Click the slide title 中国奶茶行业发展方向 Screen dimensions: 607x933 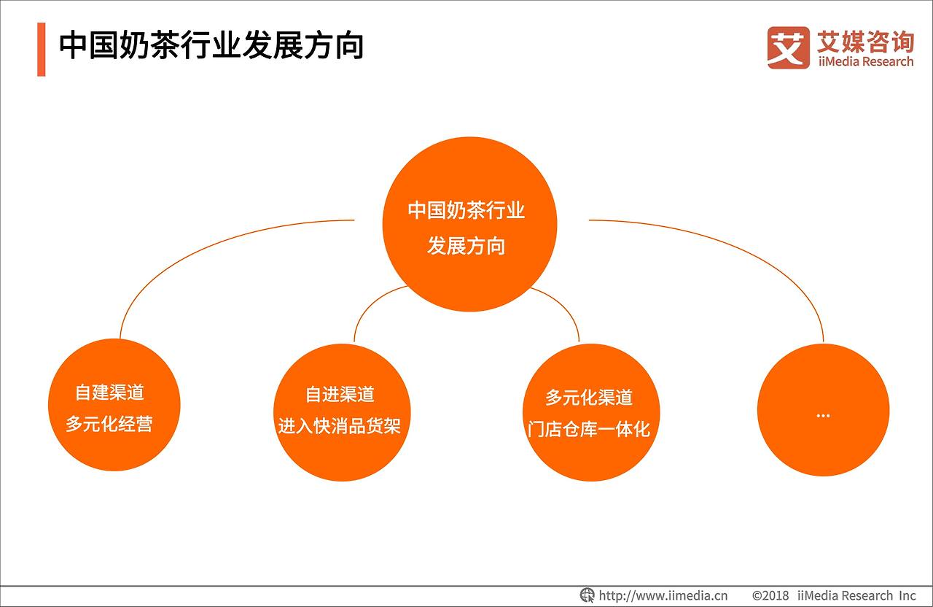pos(211,45)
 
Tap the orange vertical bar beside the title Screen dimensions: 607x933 pos(42,49)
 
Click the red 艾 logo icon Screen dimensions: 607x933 pos(788,47)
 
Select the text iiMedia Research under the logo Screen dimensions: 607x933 pos(864,62)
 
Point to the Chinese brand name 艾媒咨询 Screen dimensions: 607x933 pos(864,41)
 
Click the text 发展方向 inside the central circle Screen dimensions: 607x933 pos(466,246)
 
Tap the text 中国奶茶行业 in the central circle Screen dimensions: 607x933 pos(466,211)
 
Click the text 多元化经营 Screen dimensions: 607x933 pos(110,424)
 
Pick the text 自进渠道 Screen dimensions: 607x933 pos(340,395)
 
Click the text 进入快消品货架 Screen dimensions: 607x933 pos(340,426)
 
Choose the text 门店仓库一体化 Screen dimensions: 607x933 pos(589,429)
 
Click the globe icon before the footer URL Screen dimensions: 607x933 pos(587,595)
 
